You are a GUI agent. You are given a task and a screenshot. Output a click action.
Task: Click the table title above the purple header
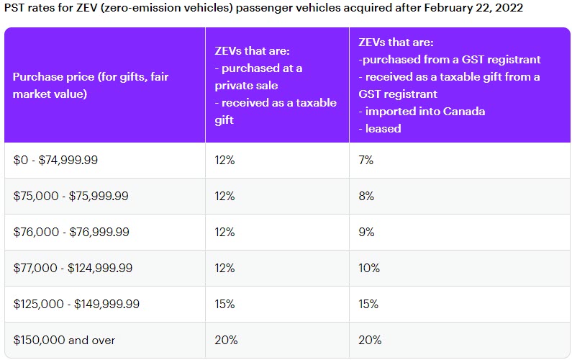click(x=262, y=9)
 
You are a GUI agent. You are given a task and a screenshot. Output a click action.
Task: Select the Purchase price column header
click(x=91, y=86)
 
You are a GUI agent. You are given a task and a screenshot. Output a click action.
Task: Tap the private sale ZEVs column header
click(x=276, y=85)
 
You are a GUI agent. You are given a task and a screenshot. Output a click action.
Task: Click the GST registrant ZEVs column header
click(x=449, y=85)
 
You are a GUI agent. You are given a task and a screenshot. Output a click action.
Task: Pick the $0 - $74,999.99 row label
click(x=55, y=161)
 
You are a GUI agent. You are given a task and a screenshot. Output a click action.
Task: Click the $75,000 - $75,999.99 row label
click(x=71, y=197)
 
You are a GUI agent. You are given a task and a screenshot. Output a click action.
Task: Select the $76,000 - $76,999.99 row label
click(x=71, y=232)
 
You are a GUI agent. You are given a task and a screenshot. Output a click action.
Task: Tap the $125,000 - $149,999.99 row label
click(x=76, y=304)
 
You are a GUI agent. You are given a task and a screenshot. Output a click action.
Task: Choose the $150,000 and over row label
click(x=64, y=340)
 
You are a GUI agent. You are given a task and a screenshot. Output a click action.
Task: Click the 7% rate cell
click(x=366, y=161)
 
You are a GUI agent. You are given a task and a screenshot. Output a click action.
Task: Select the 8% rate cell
click(x=366, y=197)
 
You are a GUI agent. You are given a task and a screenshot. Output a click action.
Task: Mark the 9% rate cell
click(x=366, y=232)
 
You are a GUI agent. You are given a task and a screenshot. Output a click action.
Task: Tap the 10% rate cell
click(x=368, y=268)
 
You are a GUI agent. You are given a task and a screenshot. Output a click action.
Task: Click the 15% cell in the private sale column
click(x=224, y=304)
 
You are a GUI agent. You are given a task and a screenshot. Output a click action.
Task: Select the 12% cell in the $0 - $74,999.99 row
click(x=224, y=161)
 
